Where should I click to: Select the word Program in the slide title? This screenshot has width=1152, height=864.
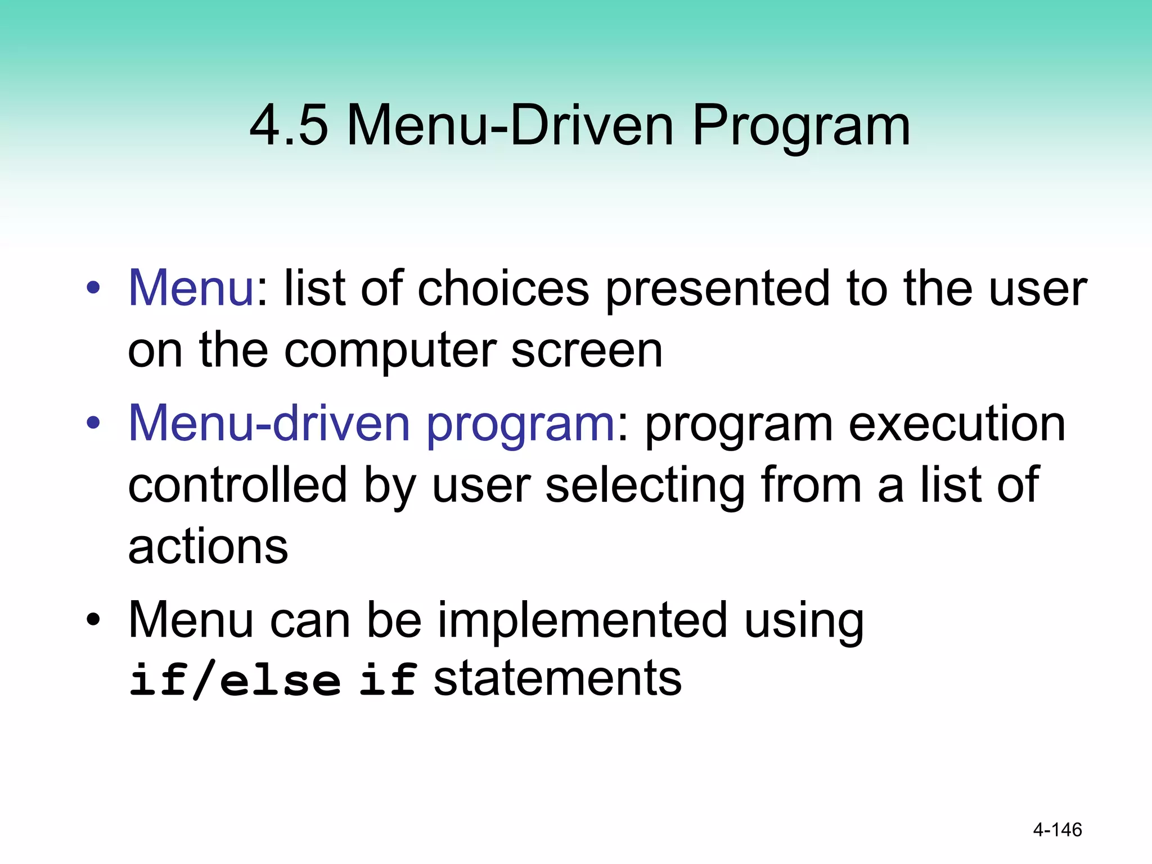800,127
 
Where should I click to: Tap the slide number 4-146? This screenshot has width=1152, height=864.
1057,830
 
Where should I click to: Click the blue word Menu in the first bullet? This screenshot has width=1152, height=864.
191,288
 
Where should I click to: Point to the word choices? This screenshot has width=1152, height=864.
503,288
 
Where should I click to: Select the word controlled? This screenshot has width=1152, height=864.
237,485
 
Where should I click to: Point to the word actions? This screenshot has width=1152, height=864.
208,547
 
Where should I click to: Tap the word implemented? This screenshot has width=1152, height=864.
583,621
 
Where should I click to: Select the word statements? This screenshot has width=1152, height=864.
557,678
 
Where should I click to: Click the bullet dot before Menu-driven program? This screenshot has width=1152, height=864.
93,423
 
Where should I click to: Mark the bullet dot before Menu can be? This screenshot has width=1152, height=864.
93,620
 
